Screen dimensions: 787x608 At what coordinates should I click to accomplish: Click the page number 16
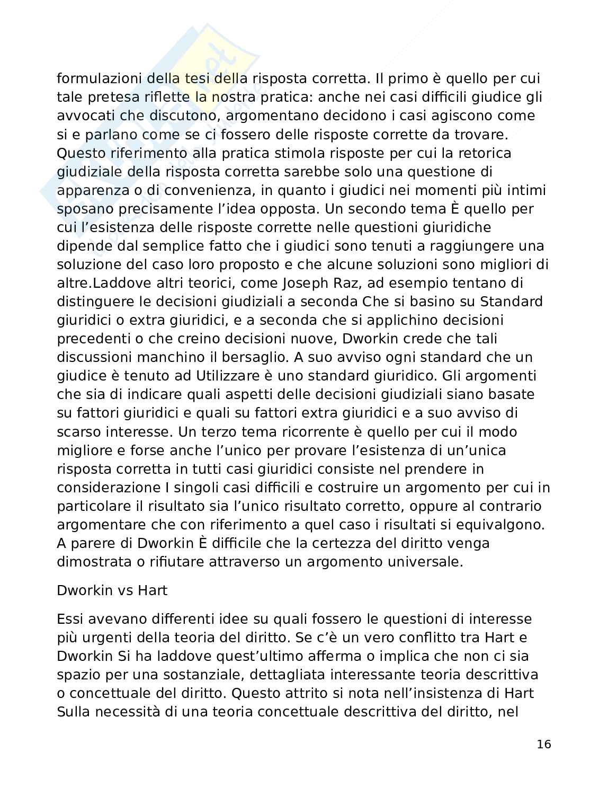pos(543,745)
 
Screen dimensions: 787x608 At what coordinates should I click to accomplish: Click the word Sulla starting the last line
pos(75,712)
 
